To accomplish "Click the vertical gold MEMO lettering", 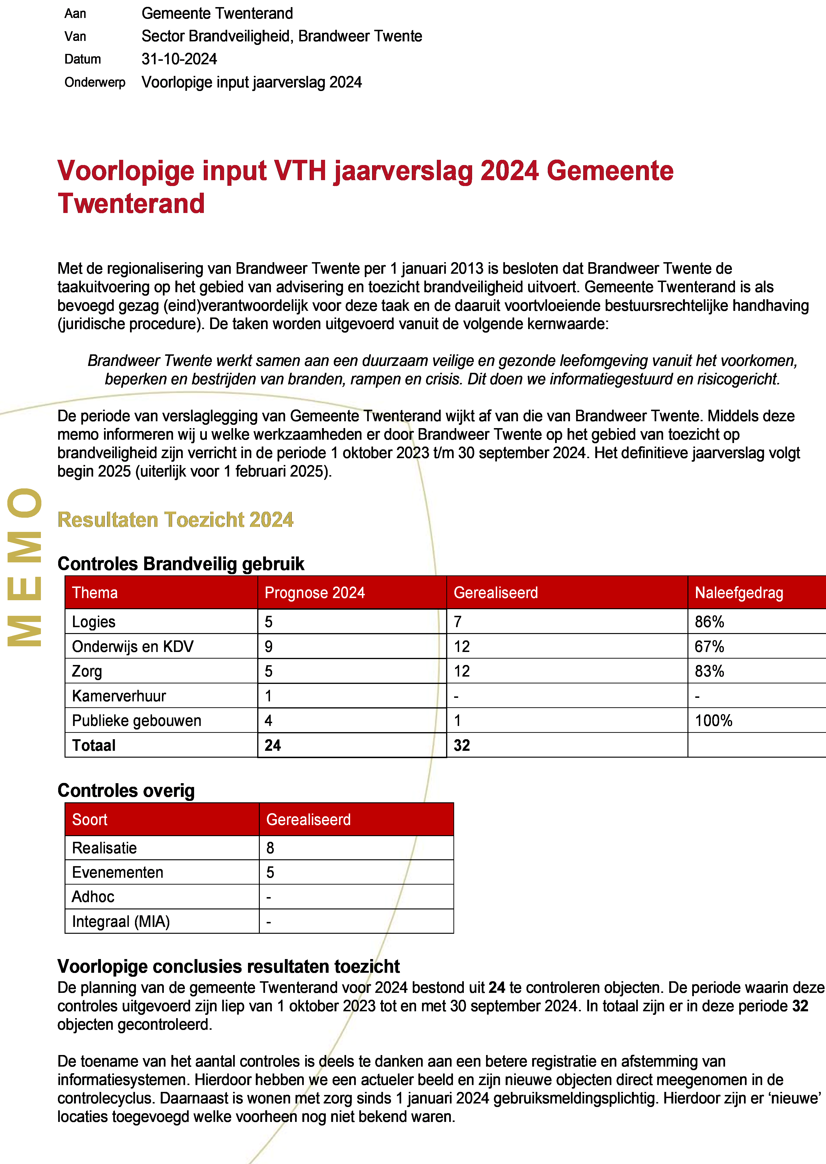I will pyautogui.click(x=24, y=567).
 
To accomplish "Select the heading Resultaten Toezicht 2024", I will pyautogui.click(x=175, y=520).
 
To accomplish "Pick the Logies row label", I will pyautogui.click(x=94, y=622).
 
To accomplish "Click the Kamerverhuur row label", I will pyautogui.click(x=119, y=696).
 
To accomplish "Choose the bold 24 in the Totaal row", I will pyautogui.click(x=273, y=746).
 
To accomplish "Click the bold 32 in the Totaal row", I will pyautogui.click(x=462, y=746).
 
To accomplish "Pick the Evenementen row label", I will pyautogui.click(x=117, y=873).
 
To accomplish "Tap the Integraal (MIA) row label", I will pyautogui.click(x=121, y=921).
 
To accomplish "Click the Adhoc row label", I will pyautogui.click(x=93, y=897).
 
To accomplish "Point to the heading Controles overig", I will pyautogui.click(x=126, y=791).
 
